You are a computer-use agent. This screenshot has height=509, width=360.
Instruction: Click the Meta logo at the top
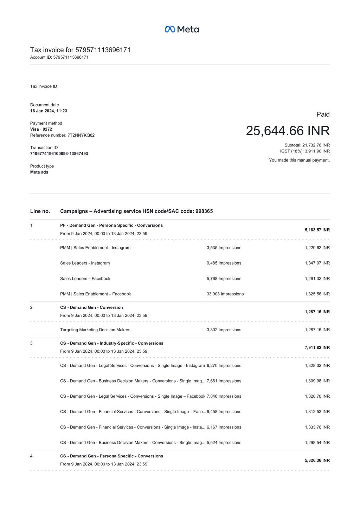click(182, 29)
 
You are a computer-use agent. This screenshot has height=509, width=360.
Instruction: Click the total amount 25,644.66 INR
click(288, 131)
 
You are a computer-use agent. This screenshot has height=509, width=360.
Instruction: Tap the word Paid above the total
click(323, 114)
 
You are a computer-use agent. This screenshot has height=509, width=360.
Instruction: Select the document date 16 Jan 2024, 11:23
click(49, 111)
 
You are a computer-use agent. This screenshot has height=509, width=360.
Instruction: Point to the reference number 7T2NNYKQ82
click(81, 135)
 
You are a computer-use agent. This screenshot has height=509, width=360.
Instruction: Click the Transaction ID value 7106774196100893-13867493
click(59, 154)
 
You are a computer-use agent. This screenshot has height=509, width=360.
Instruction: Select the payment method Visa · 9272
click(41, 129)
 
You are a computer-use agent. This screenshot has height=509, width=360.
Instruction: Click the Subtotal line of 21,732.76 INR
click(307, 145)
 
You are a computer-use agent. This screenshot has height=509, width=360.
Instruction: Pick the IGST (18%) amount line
click(305, 151)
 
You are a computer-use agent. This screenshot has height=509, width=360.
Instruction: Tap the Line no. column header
click(40, 211)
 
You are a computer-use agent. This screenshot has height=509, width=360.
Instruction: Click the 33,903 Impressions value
click(225, 294)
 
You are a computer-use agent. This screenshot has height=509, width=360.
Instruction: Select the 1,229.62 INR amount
click(317, 248)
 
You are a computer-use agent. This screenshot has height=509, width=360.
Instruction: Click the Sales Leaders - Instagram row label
click(85, 263)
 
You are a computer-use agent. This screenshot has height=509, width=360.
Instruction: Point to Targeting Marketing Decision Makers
click(95, 330)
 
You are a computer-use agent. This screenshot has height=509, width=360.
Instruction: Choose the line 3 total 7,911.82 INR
click(317, 347)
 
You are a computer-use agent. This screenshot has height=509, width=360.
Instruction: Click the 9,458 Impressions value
click(224, 412)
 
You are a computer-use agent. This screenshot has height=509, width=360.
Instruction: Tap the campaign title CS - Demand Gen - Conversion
click(91, 307)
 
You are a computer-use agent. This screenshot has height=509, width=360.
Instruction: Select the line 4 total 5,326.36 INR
click(317, 460)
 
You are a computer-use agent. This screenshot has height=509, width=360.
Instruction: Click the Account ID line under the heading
click(59, 57)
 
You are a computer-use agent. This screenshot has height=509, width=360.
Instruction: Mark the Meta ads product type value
click(39, 172)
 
